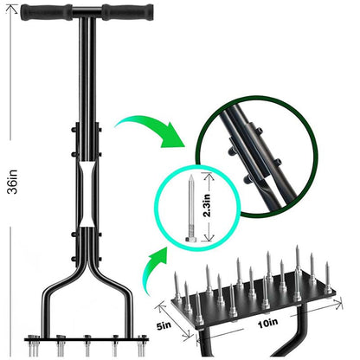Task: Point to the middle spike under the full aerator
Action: (86, 346)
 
